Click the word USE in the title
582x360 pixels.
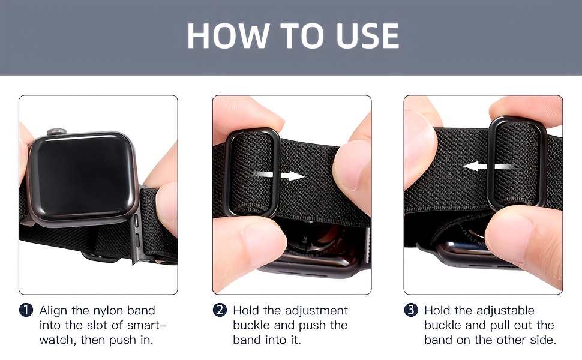tap(367, 36)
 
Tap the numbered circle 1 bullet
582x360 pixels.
tap(26, 310)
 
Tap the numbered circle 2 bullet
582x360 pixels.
tap(220, 310)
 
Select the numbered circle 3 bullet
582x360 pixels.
tap(411, 310)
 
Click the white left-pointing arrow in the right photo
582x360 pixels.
tap(488, 166)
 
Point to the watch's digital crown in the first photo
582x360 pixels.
tap(57, 132)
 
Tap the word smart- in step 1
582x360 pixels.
tap(147, 325)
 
